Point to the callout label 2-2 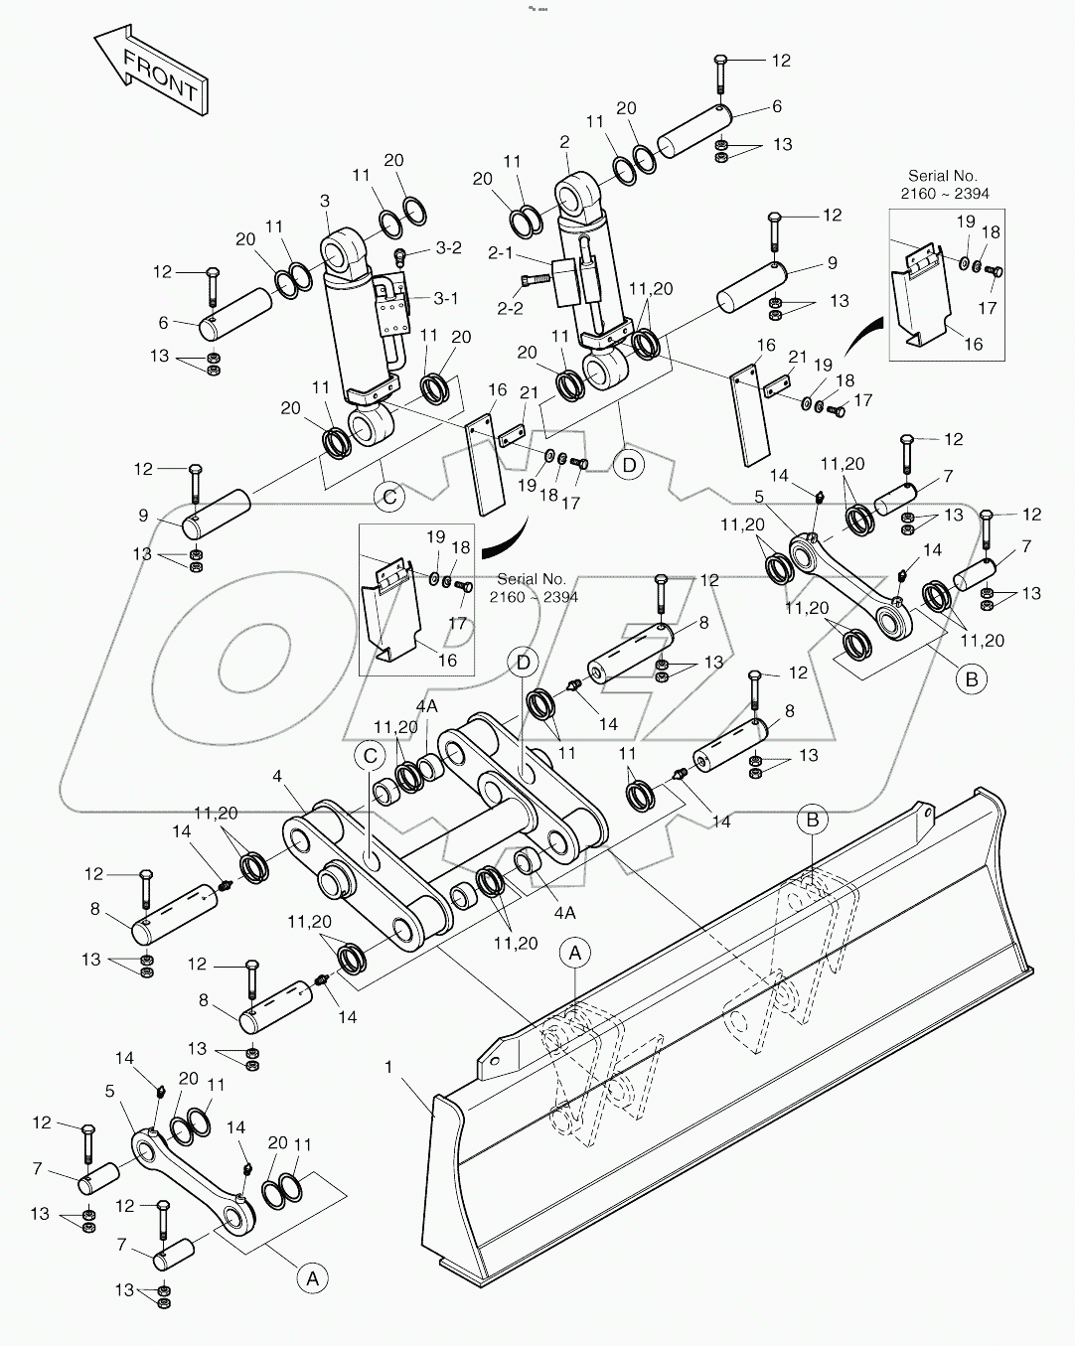(x=510, y=308)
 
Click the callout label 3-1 (x=444, y=297)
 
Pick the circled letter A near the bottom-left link (x=312, y=1278)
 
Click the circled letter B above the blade (x=813, y=820)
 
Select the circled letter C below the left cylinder (x=390, y=497)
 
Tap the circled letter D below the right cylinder (x=628, y=464)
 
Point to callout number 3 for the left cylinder (x=324, y=202)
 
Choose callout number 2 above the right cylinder (x=564, y=142)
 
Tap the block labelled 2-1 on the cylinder (x=567, y=280)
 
